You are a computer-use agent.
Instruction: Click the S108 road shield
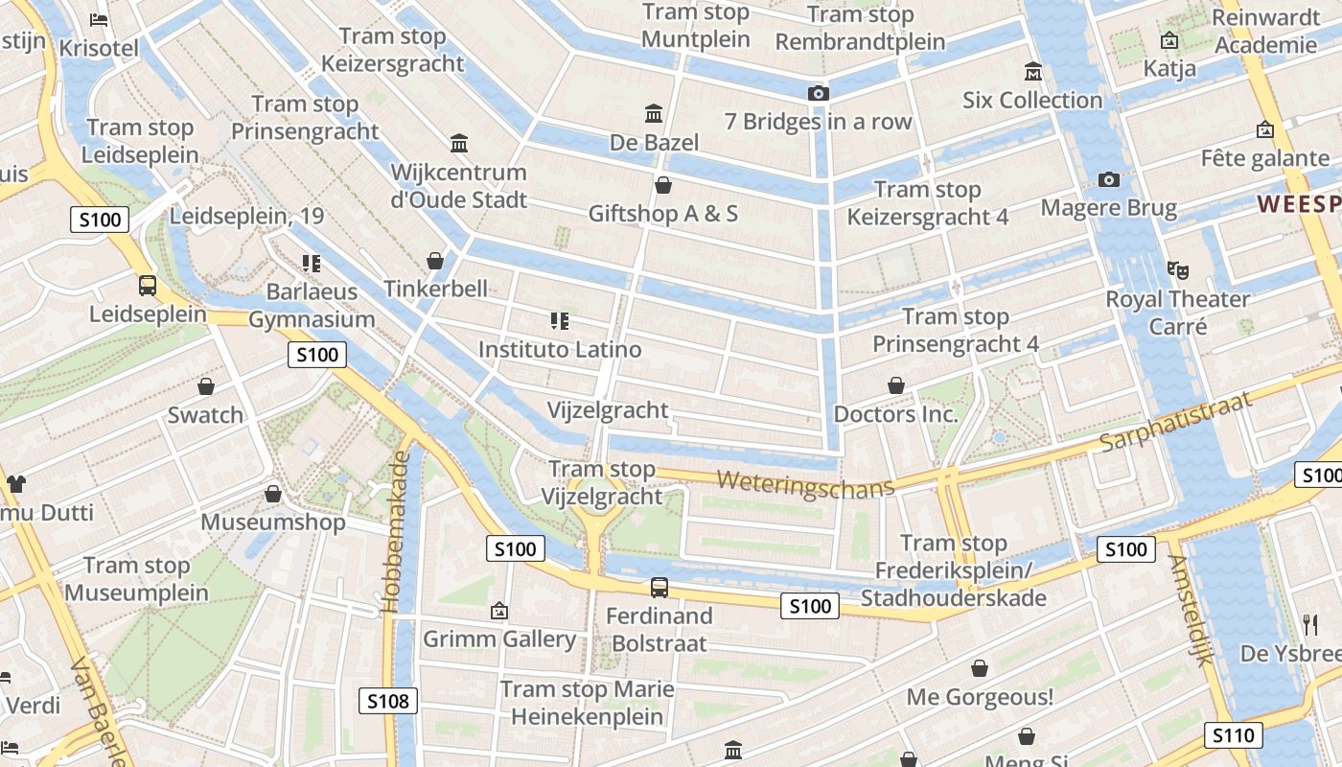(x=389, y=701)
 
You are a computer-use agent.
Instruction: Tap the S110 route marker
(x=1233, y=735)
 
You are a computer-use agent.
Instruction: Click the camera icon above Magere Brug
(x=1109, y=179)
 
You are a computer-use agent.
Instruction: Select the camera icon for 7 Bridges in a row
(x=818, y=93)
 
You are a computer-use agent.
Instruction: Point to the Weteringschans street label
(x=805, y=482)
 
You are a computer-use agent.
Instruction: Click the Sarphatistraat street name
(x=1176, y=422)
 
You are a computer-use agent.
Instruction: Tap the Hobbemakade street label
(x=396, y=532)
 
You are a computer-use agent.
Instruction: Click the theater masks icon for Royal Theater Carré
(x=1177, y=270)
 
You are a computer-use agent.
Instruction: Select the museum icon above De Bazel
(x=655, y=114)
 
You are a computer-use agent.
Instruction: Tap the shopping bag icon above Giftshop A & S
(x=662, y=184)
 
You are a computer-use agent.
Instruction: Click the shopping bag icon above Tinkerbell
(x=435, y=261)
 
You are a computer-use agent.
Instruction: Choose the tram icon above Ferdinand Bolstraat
(x=659, y=588)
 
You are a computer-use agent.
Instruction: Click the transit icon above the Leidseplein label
(x=148, y=285)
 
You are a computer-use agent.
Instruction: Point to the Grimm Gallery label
(x=499, y=639)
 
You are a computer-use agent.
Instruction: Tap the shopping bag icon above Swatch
(x=205, y=386)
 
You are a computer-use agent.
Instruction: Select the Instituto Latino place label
(x=560, y=349)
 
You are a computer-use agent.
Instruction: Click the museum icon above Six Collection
(x=1033, y=72)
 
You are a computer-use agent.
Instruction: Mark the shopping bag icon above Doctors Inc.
(x=896, y=385)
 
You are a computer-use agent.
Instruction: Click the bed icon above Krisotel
(x=98, y=19)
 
